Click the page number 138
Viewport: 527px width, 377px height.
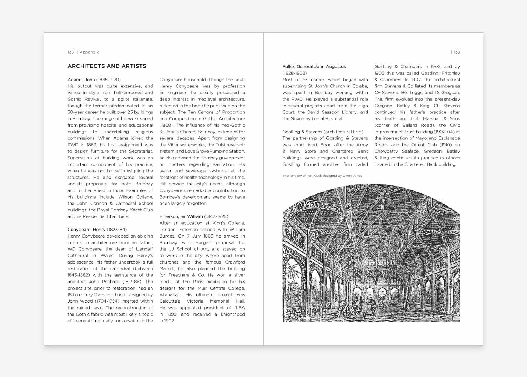tap(70, 52)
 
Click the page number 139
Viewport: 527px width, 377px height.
tap(457, 52)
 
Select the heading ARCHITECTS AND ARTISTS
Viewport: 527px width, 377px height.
tap(107, 66)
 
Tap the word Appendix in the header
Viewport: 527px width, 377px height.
tap(89, 52)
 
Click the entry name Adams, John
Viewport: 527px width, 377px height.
tap(81, 80)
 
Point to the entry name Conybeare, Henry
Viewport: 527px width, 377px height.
tap(86, 230)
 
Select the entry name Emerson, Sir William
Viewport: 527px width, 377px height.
tap(181, 216)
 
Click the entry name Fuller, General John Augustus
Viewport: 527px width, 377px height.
tap(314, 67)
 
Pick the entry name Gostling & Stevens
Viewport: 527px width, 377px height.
tap(302, 132)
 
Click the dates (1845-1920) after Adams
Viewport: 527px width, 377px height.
tap(108, 80)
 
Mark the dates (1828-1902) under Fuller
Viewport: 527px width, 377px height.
tap(294, 73)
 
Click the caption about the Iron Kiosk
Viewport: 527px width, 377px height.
tap(322, 176)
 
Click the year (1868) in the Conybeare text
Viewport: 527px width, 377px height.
tap(166, 125)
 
